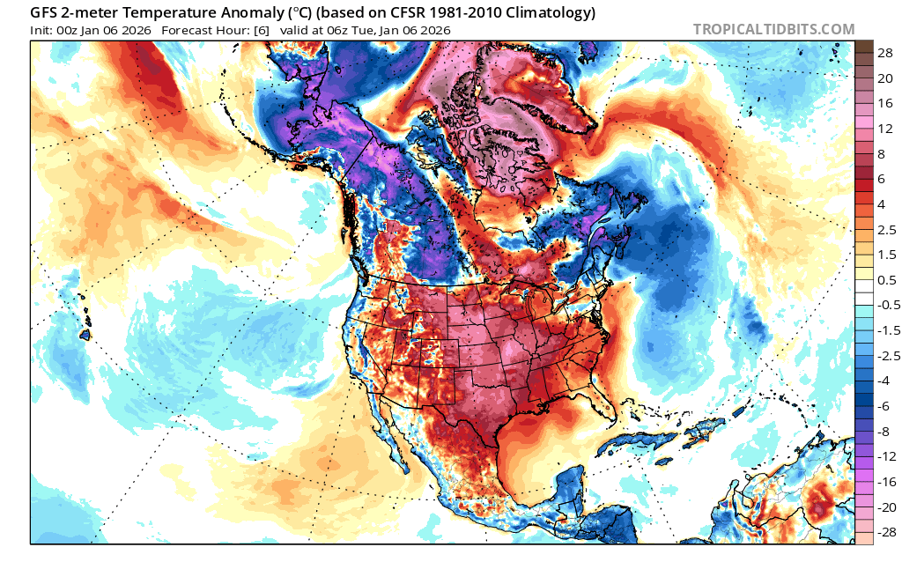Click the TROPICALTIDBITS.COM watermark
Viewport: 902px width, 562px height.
pyautogui.click(x=773, y=29)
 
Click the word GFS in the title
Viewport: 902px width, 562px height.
pyautogui.click(x=46, y=13)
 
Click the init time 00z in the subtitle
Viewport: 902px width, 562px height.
pyautogui.click(x=68, y=30)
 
